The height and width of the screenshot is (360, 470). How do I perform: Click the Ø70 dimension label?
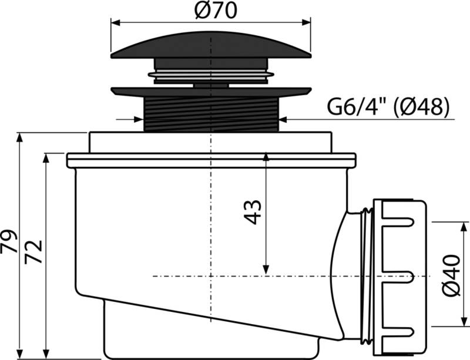(211, 11)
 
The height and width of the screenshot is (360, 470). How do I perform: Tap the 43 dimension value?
(251, 213)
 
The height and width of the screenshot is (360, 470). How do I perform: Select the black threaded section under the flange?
(211, 115)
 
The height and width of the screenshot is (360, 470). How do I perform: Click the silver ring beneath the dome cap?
(211, 74)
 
